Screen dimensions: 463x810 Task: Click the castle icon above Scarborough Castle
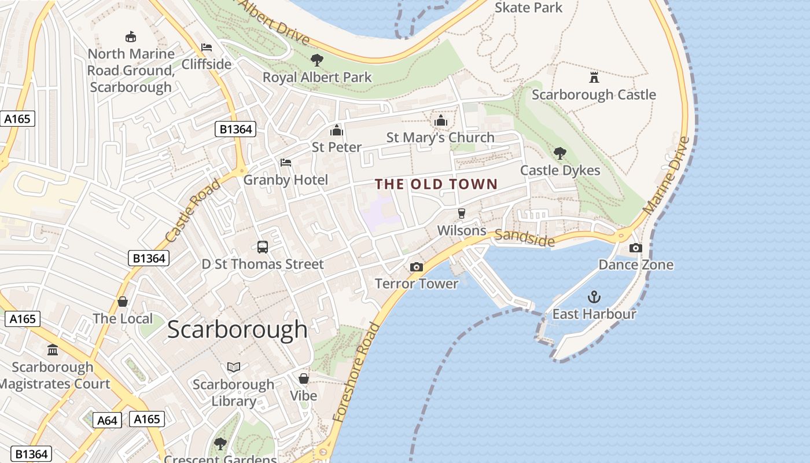(594, 77)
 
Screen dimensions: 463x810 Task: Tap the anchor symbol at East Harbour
(594, 297)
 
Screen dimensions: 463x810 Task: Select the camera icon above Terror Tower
(416, 267)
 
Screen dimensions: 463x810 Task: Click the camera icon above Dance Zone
(635, 248)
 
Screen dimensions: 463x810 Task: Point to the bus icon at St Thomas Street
(263, 247)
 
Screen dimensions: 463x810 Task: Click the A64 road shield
(107, 420)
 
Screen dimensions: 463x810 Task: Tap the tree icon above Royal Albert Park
(316, 60)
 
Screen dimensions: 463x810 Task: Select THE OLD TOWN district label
(436, 185)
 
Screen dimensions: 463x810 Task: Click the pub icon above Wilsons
(461, 214)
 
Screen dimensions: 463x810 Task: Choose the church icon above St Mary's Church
(441, 120)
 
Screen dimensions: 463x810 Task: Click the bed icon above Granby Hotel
(285, 163)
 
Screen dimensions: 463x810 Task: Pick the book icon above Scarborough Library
(234, 367)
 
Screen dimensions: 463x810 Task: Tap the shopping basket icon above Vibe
(304, 379)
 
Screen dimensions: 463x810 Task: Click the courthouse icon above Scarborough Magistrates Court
(53, 350)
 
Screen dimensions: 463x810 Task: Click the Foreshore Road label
(356, 372)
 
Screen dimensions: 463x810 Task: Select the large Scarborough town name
(238, 329)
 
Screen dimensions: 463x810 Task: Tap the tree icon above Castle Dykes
(559, 153)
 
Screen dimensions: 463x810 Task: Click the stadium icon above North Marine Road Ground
(131, 36)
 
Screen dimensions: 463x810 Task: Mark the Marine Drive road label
(667, 175)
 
